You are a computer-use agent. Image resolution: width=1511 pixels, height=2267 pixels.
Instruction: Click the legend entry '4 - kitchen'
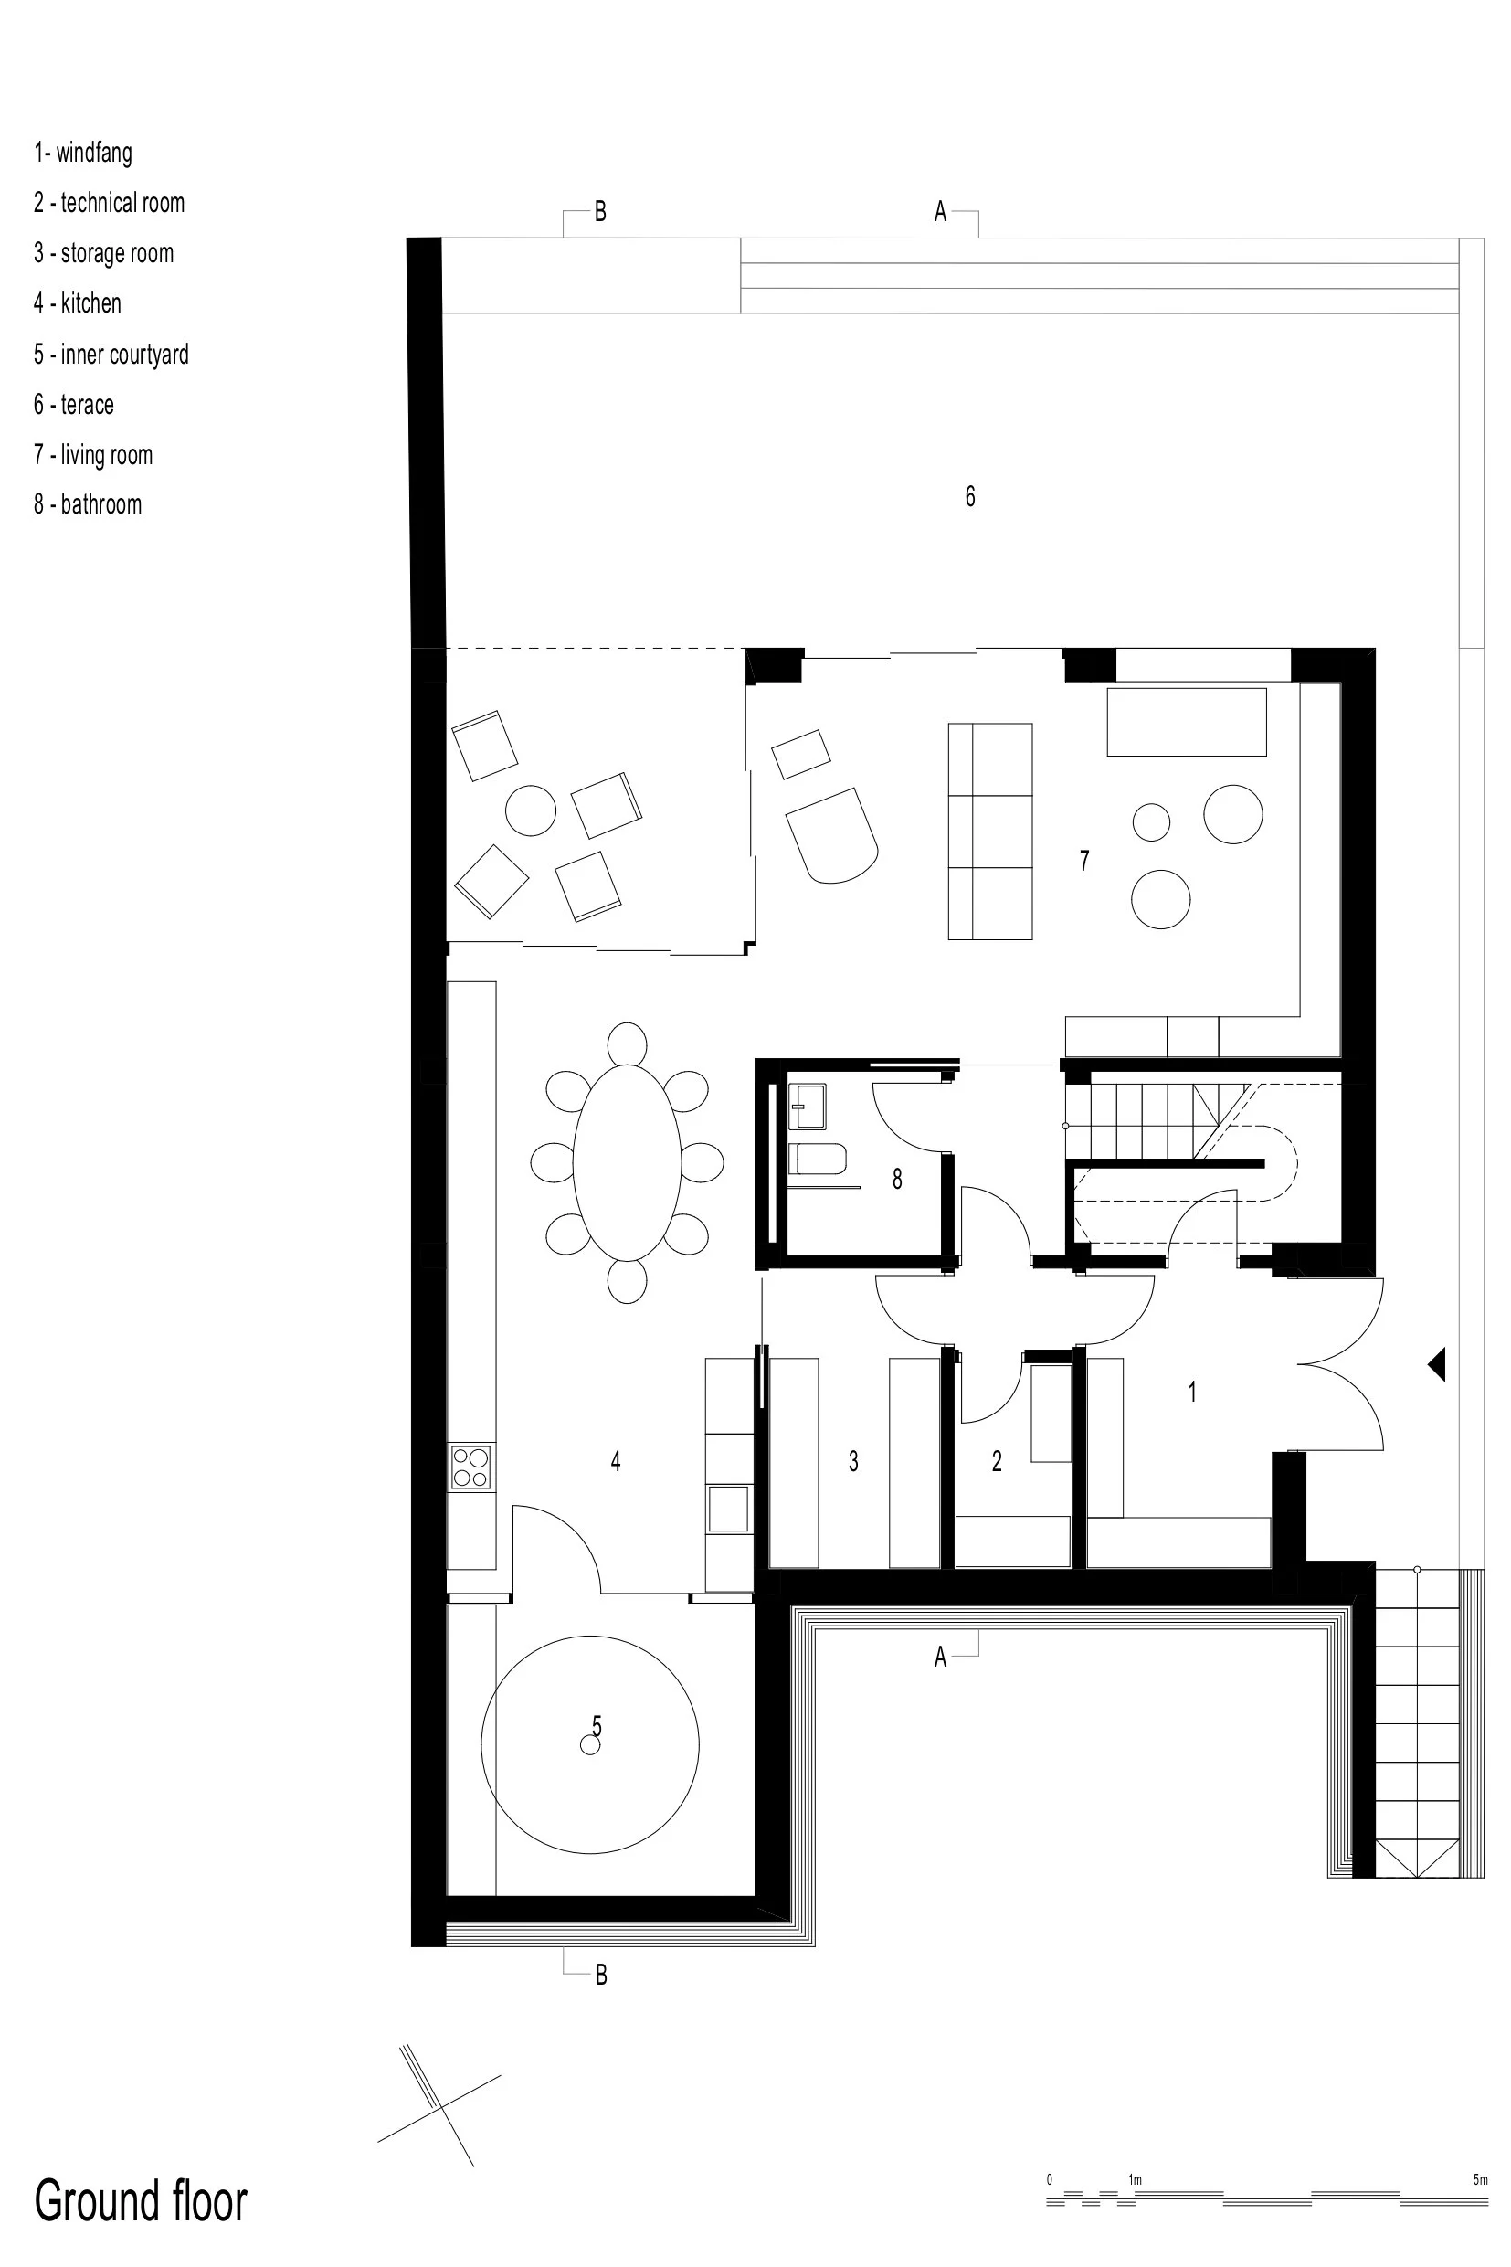pyautogui.click(x=77, y=302)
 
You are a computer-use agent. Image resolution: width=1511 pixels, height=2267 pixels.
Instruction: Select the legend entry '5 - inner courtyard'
pyautogui.click(x=111, y=354)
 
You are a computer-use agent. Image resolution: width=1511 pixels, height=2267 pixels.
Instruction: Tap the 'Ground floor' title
pyautogui.click(x=141, y=2200)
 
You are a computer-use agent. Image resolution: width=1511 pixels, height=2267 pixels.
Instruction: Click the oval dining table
pyautogui.click(x=628, y=1162)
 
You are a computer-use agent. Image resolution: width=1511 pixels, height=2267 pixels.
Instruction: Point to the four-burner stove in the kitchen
pyautogui.click(x=471, y=1467)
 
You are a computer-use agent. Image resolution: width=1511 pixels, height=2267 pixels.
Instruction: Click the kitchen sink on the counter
pyautogui.click(x=728, y=1509)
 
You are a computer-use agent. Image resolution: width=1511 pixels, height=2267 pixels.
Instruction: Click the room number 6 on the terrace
pyautogui.click(x=970, y=496)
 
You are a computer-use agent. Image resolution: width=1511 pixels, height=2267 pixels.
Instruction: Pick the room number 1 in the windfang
pyautogui.click(x=1192, y=1391)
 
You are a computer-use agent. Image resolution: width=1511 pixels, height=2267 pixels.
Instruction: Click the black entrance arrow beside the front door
pyautogui.click(x=1437, y=1364)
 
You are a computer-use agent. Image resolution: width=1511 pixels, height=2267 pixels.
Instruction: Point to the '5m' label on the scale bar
pyautogui.click(x=1480, y=2179)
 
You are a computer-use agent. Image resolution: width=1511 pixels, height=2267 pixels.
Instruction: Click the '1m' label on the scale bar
pyautogui.click(x=1136, y=2179)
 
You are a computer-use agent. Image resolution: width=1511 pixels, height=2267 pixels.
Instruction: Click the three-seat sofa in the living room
pyautogui.click(x=989, y=831)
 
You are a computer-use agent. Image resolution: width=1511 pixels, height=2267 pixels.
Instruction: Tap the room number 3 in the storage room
pyautogui.click(x=854, y=1461)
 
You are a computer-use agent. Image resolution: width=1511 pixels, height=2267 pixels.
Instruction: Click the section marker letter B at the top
pyautogui.click(x=600, y=211)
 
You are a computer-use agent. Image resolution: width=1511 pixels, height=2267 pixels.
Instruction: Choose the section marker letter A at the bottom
pyautogui.click(x=941, y=1657)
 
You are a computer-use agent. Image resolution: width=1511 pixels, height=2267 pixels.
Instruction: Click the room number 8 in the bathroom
pyautogui.click(x=897, y=1178)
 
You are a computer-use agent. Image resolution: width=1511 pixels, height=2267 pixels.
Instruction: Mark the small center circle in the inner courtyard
pyautogui.click(x=590, y=1744)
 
